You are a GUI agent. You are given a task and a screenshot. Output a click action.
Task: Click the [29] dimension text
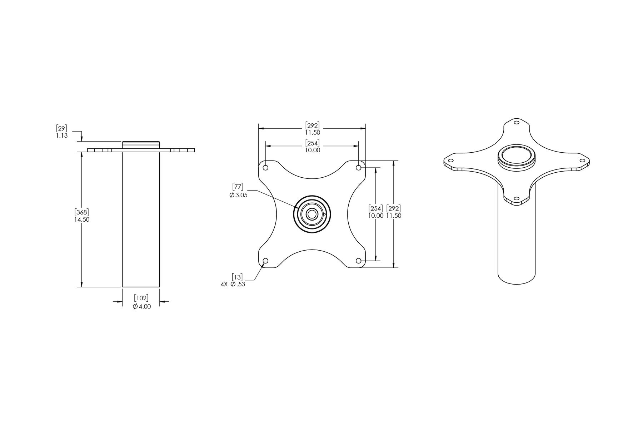coord(61,128)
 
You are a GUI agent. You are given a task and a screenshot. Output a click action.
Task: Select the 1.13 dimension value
coord(61,136)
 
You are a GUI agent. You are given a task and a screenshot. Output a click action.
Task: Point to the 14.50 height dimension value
coord(82,220)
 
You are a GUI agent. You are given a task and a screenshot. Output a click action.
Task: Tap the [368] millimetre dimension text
coord(82,212)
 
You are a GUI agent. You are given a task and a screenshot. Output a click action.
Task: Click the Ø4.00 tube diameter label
coord(142,306)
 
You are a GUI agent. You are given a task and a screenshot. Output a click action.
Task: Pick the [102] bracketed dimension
coord(141,298)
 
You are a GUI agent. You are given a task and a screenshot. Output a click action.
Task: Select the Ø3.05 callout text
coord(238,195)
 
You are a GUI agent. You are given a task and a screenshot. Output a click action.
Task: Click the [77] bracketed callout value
coord(238,187)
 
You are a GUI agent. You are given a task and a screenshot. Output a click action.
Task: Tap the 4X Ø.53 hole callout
coord(233,285)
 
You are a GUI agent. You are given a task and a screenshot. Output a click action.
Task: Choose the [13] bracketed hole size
coord(237,277)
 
